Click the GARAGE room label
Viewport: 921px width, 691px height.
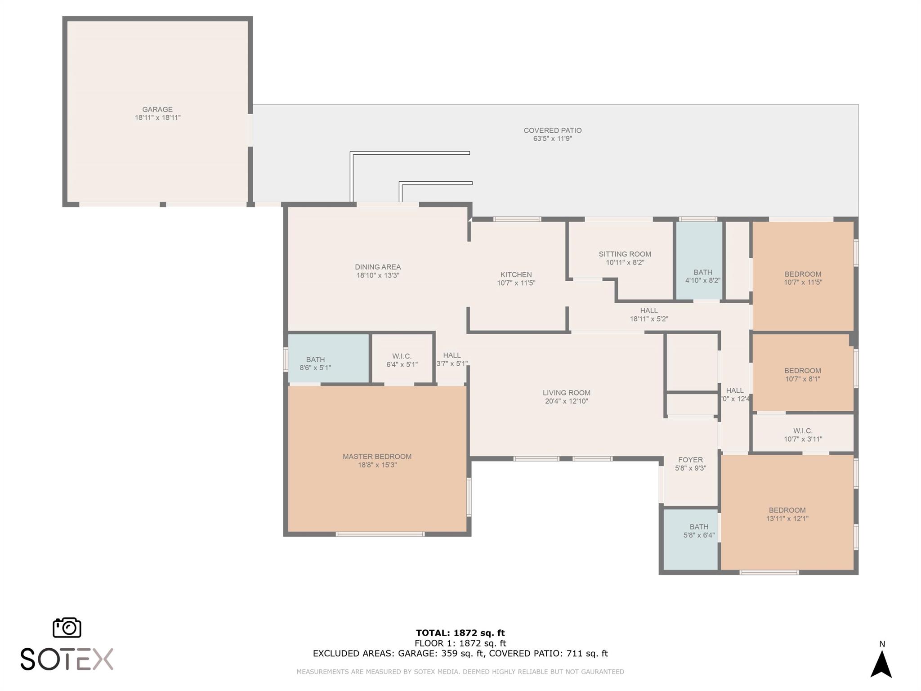[x=157, y=109]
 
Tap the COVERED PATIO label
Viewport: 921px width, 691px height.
[x=552, y=130]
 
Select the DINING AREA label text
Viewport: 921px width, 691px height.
[x=377, y=267]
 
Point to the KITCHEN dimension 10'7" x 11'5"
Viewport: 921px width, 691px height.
[x=516, y=283]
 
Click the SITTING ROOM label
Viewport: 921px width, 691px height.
[x=625, y=254]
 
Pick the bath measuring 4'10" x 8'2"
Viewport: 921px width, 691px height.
[x=702, y=276]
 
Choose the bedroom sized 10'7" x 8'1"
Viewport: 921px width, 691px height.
[x=802, y=374]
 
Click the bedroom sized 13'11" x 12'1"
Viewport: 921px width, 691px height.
[x=787, y=514]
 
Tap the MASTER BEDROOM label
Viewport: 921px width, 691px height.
[x=377, y=457]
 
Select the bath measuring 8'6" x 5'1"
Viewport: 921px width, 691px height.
[x=315, y=363]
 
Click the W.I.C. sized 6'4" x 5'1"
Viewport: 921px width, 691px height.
[x=402, y=360]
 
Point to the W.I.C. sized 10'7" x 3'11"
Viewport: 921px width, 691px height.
[x=803, y=435]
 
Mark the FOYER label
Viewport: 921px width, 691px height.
[x=690, y=460]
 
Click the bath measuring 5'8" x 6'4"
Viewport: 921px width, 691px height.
[x=699, y=531]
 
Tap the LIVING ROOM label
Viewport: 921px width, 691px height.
[x=566, y=393]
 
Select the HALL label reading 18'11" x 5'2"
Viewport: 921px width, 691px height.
[x=648, y=314]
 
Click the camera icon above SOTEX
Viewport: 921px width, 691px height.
[x=67, y=627]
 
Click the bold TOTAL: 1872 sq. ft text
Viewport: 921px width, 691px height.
[x=460, y=633]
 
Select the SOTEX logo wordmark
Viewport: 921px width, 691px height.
[x=67, y=660]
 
